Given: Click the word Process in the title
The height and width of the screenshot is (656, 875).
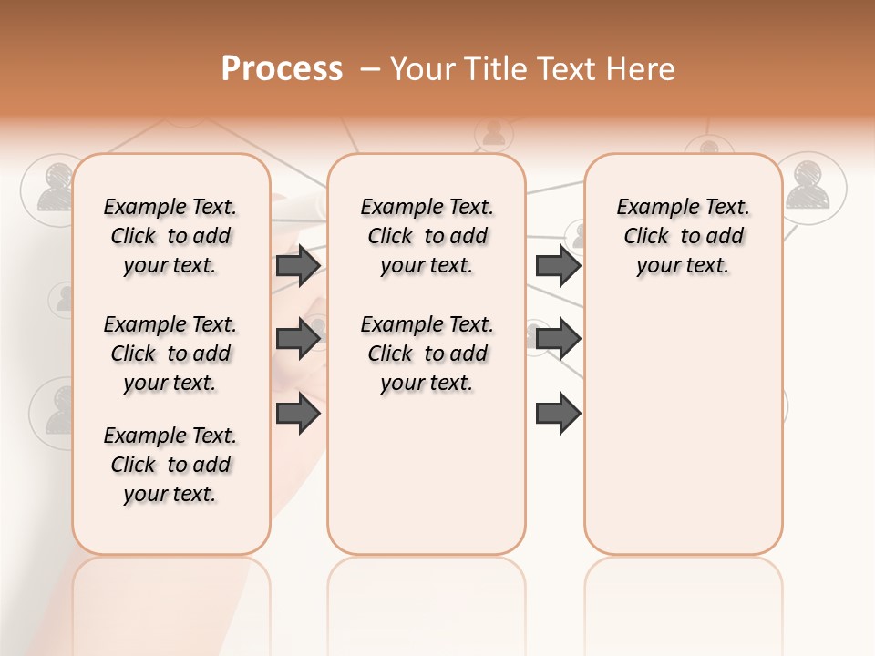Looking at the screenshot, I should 282,68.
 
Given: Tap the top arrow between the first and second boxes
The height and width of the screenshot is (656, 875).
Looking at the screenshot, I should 298,265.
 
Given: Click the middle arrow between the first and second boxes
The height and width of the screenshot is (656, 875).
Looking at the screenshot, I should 298,339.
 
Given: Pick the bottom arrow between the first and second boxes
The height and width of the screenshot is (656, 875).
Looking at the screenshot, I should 298,414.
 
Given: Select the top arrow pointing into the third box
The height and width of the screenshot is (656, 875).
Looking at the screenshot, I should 558,265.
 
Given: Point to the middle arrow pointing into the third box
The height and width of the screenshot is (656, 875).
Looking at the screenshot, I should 558,339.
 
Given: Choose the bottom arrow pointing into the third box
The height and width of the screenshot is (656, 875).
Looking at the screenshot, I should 558,414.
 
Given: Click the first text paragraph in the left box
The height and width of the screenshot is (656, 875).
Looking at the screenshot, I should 170,236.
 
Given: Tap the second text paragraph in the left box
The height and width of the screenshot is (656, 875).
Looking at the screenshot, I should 170,354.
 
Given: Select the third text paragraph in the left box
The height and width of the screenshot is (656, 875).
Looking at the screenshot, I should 170,465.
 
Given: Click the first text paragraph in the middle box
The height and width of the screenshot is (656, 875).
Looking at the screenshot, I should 427,236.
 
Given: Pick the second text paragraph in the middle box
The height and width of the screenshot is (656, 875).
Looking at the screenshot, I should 427,354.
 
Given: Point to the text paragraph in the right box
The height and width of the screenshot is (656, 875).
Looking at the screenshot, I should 683,236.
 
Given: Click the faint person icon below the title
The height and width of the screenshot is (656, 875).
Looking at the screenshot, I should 493,134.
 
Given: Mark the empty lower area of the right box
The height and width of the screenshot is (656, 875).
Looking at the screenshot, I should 683,428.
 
